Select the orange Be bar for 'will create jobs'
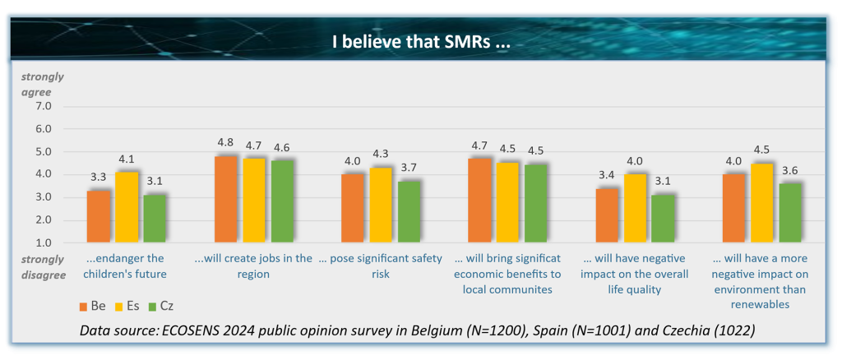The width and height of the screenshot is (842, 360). pyautogui.click(x=226, y=199)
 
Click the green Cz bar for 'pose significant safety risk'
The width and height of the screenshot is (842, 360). pyautogui.click(x=409, y=212)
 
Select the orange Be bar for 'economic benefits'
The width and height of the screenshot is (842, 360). pyautogui.click(x=481, y=201)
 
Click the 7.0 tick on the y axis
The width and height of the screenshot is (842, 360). pyautogui.click(x=42, y=106)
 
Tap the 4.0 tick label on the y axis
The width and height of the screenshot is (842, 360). pyautogui.click(x=42, y=174)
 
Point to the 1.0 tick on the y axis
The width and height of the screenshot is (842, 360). pyautogui.click(x=42, y=243)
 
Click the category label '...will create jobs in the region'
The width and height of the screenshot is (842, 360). pyautogui.click(x=253, y=265)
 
